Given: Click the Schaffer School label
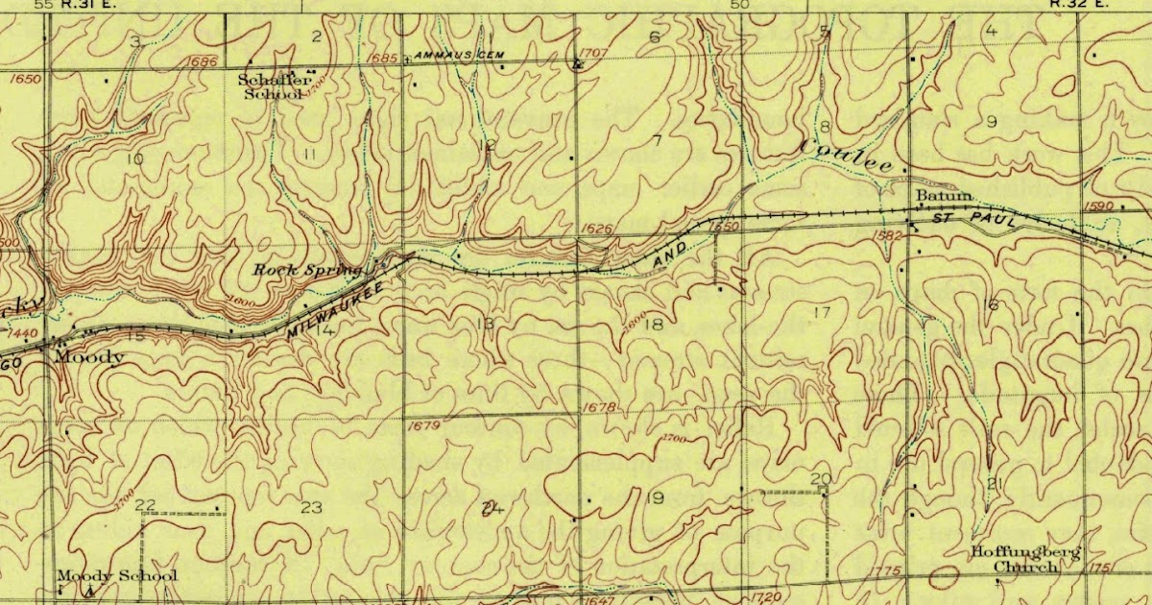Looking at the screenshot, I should (x=275, y=86).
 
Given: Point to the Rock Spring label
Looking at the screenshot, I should (x=307, y=270).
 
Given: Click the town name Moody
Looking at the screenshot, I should (x=89, y=358).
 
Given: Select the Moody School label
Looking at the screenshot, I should (x=116, y=576).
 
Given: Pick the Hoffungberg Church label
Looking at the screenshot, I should (x=1024, y=559).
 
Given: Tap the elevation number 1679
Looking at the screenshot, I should (x=422, y=425).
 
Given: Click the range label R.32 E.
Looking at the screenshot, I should (x=1075, y=4).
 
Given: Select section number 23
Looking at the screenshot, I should (x=311, y=507).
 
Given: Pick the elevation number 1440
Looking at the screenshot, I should (x=21, y=332).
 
